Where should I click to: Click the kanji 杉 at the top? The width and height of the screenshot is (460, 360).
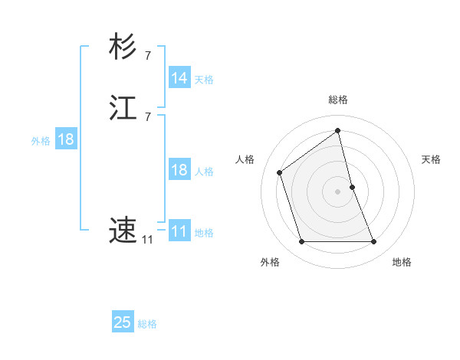click(123, 47)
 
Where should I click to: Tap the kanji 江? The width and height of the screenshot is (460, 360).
click(123, 108)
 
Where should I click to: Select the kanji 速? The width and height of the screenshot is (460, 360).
click(123, 229)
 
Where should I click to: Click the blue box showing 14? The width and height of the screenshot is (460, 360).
click(179, 78)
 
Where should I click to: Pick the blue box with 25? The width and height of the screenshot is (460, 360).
click(123, 322)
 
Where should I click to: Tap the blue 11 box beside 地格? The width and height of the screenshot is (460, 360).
click(179, 231)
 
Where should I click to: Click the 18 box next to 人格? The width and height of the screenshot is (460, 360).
click(179, 170)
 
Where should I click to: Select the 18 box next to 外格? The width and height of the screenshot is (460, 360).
click(65, 139)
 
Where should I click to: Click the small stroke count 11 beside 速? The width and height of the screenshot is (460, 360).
click(146, 240)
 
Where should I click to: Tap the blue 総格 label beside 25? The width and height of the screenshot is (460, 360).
click(147, 324)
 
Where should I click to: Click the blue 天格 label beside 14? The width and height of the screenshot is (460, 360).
click(204, 80)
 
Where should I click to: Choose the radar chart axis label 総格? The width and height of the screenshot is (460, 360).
click(338, 100)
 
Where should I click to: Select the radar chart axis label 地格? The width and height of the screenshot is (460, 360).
click(402, 262)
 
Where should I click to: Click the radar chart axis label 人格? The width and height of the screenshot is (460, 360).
click(245, 159)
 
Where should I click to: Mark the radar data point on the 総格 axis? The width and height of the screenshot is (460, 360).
click(338, 130)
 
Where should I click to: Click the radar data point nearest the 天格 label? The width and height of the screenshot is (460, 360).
click(352, 186)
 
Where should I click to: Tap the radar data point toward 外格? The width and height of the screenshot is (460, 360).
click(301, 242)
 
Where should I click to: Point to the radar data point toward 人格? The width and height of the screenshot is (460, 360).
click(280, 172)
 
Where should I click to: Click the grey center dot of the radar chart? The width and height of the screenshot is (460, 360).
click(338, 191)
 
